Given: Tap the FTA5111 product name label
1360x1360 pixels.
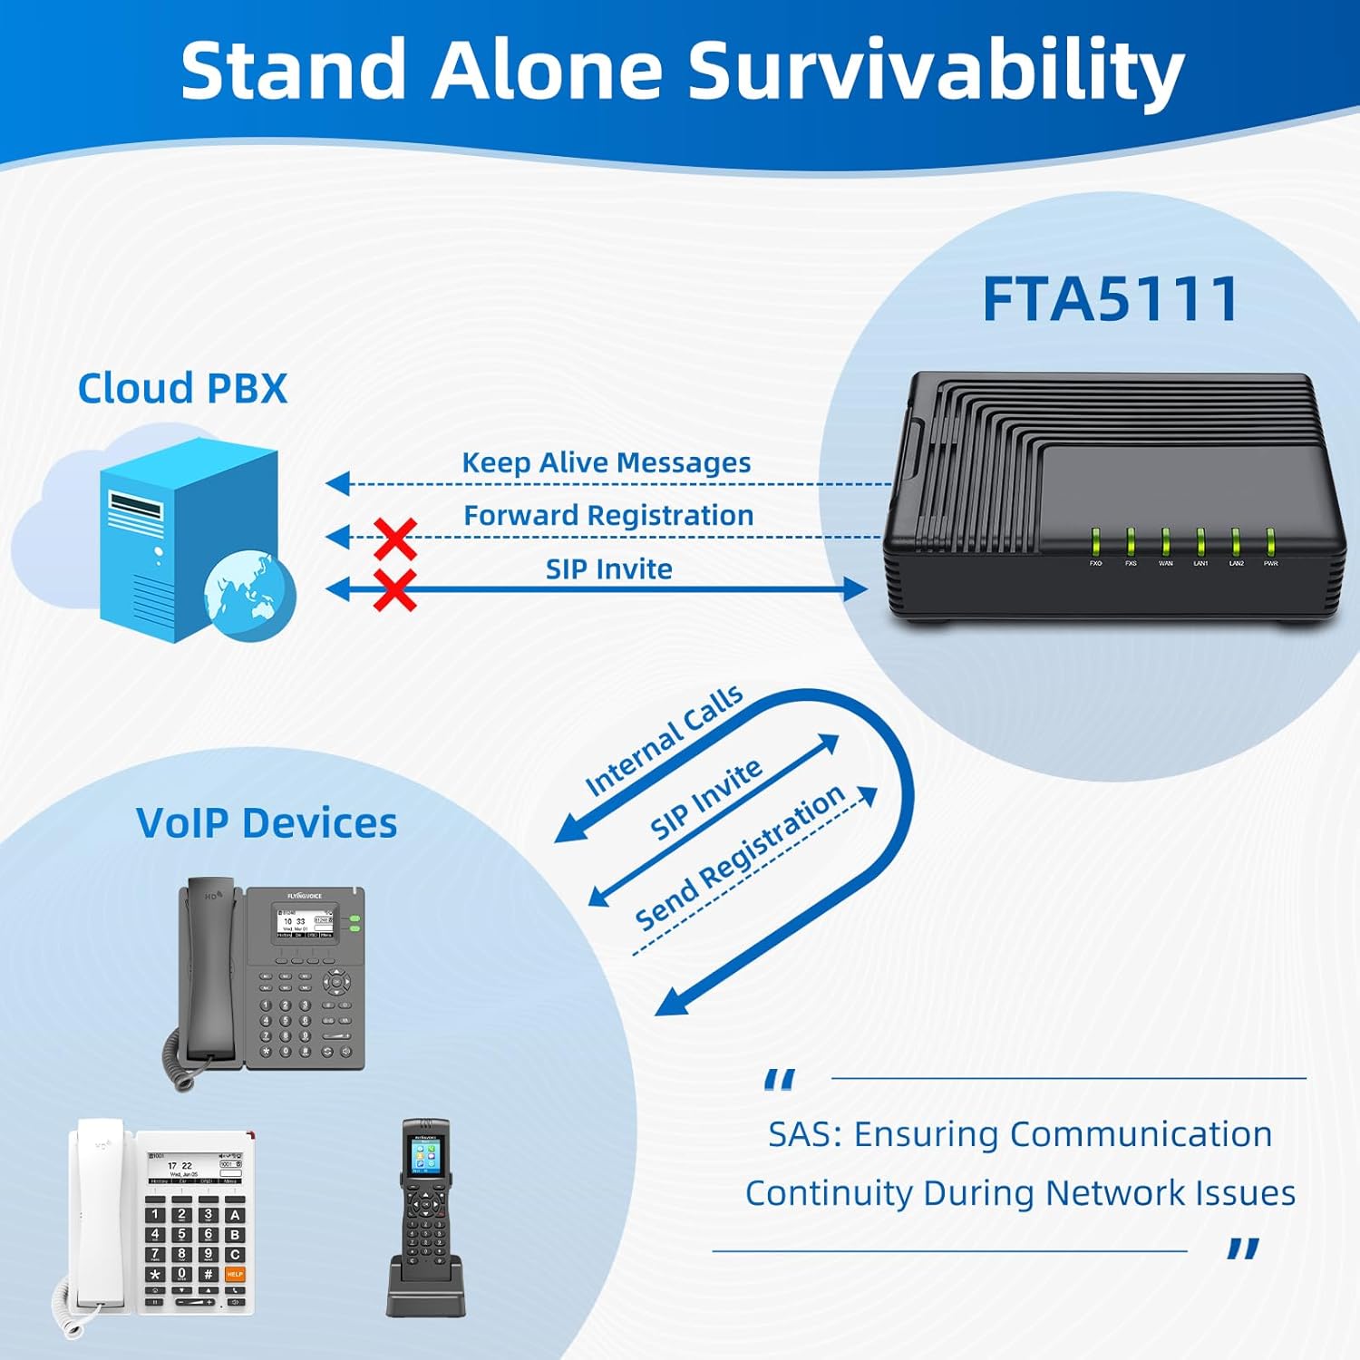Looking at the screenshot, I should click(1110, 299).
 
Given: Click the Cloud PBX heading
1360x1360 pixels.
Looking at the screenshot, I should click(182, 389).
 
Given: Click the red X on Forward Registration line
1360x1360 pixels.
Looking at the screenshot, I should click(395, 539).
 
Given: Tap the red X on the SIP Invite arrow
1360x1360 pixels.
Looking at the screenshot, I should click(395, 590).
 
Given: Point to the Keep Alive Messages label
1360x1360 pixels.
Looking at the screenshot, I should click(606, 462).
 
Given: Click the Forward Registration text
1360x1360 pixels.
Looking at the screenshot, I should click(608, 515).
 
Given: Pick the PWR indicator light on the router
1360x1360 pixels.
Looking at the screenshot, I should click(1270, 542).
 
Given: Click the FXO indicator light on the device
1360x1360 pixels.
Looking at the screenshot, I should click(1095, 542).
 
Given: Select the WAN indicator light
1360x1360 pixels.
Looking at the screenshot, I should click(1165, 542).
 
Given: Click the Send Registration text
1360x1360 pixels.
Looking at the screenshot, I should click(739, 857).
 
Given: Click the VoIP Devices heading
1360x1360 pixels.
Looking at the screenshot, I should click(267, 823).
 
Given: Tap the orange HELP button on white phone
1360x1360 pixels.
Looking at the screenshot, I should click(235, 1274).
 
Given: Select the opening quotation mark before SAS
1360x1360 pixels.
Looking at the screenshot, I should click(779, 1080).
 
